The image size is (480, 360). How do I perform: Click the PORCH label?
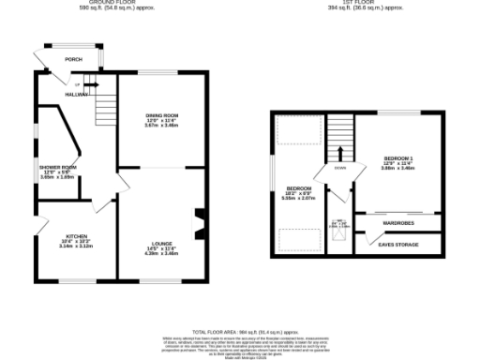click(x=73, y=59)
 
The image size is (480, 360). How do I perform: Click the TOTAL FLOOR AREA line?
click(x=239, y=332)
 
